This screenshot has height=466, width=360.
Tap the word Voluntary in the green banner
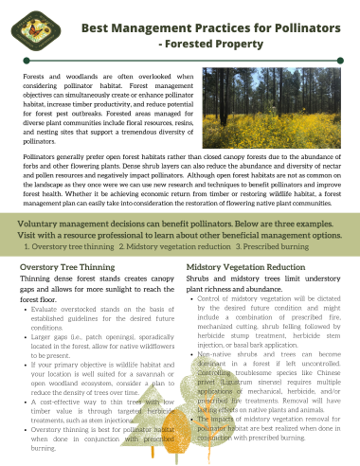pos(45,218)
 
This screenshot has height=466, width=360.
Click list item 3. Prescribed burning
pos(276,245)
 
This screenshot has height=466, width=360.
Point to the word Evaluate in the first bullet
pos(47,310)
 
